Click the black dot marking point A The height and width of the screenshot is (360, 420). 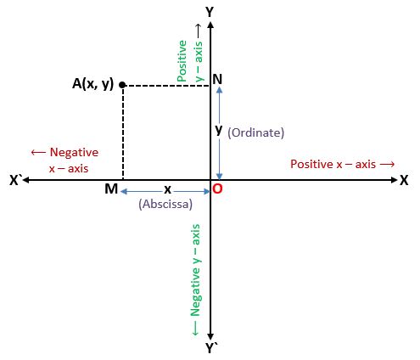click(x=122, y=85)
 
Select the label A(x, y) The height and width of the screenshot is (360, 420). click(x=92, y=84)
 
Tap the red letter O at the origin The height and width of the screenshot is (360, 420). click(x=217, y=188)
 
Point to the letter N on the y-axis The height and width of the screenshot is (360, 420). click(x=217, y=79)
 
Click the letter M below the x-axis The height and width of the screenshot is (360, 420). click(x=111, y=188)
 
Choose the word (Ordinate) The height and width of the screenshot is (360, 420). click(x=256, y=132)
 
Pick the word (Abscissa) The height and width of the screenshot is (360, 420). click(x=165, y=204)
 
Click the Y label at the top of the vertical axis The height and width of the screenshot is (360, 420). click(x=210, y=12)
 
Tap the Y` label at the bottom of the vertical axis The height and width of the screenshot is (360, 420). click(x=211, y=348)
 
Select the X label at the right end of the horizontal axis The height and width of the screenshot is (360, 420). click(x=404, y=180)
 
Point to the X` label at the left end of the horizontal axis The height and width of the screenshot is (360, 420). click(x=16, y=180)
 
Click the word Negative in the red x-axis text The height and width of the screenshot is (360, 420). click(x=74, y=153)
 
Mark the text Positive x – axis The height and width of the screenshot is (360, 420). click(x=333, y=164)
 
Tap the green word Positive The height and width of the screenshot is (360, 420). click(x=182, y=61)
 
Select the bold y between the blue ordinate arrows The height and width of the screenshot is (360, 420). click(x=219, y=130)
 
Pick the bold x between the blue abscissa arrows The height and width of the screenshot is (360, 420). click(x=168, y=189)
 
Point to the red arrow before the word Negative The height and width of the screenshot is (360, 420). click(x=38, y=153)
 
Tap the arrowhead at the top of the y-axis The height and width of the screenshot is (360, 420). click(x=210, y=25)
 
